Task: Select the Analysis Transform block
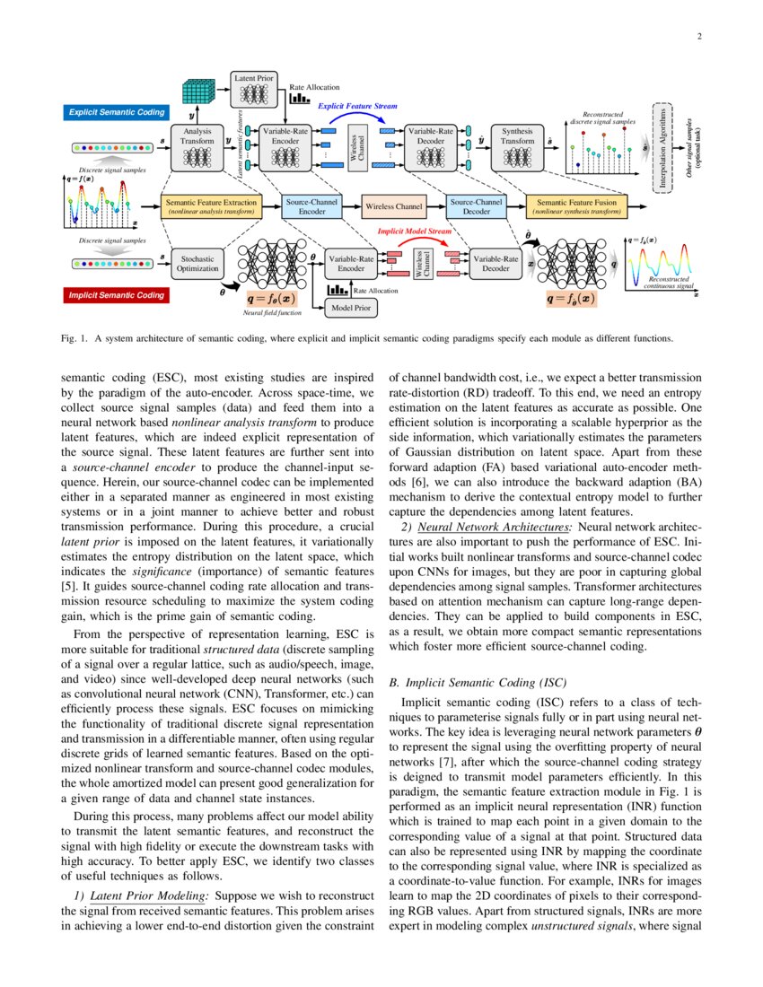[197, 146]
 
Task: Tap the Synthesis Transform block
[517, 146]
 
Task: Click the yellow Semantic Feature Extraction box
[211, 207]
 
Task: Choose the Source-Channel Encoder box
[306, 207]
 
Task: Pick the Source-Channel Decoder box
[477, 207]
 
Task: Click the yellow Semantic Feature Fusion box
[576, 207]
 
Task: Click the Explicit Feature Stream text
[357, 106]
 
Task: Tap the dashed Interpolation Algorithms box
[663, 146]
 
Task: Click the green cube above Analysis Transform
[197, 92]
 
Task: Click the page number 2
[697, 37]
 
